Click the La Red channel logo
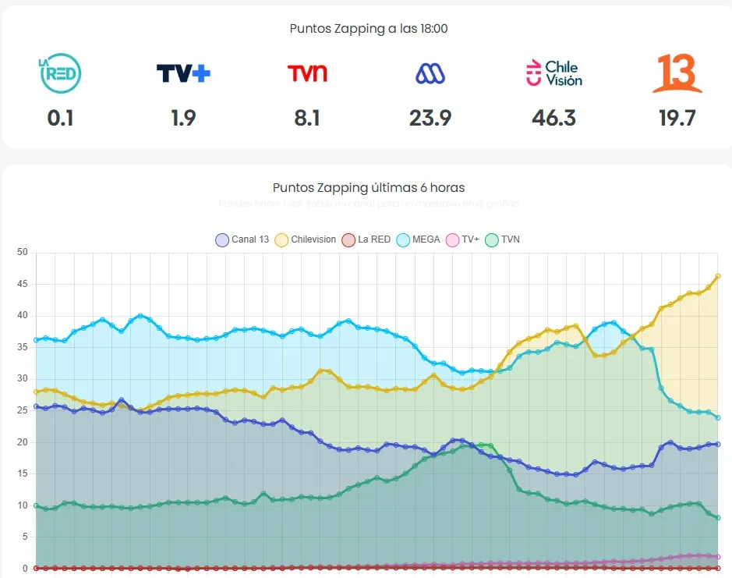60,73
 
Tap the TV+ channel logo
183,73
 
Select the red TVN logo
307,73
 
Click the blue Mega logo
430,73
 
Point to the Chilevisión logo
553,73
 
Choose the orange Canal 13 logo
677,73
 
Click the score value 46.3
553,118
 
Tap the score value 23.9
430,118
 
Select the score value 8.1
307,118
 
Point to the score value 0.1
60,118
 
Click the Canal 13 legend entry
242,239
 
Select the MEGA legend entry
419,239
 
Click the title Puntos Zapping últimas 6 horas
368,187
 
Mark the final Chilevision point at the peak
717,276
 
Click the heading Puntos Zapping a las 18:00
368,28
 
